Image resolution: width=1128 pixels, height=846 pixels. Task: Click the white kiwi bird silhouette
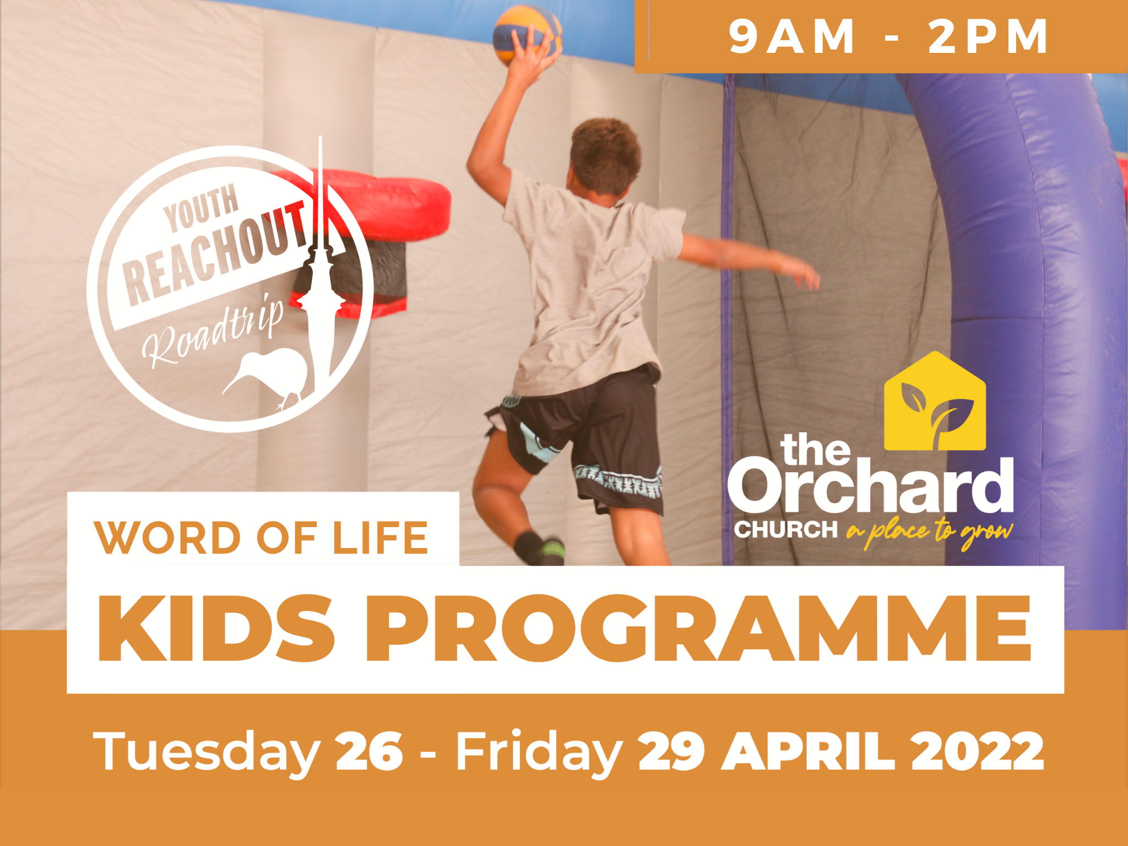tap(267, 377)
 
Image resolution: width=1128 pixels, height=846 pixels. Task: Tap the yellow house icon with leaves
tap(935, 401)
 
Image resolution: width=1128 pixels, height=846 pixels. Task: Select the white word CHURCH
tap(786, 530)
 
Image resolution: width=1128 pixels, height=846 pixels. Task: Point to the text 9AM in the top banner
tap(792, 37)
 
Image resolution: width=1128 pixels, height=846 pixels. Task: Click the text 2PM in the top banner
tap(988, 37)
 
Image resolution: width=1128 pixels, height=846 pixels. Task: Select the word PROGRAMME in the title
tap(698, 628)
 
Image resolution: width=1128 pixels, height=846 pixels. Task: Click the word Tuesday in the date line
tap(207, 752)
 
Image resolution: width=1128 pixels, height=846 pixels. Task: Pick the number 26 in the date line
tap(369, 750)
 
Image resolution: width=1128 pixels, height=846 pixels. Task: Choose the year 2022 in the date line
tap(978, 750)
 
